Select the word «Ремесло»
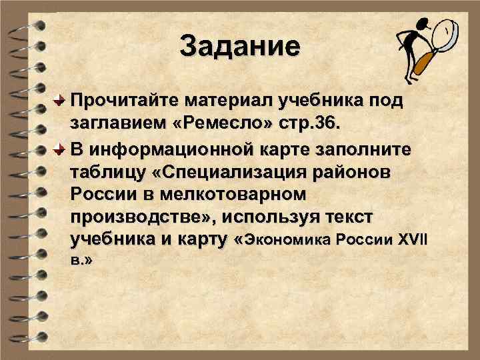224,125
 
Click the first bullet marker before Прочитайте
60,101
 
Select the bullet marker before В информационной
60,148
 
